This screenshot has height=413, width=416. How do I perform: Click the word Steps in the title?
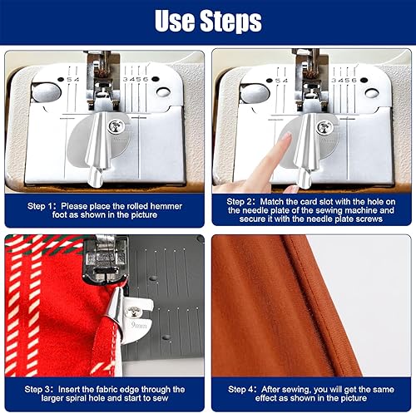coord(230,21)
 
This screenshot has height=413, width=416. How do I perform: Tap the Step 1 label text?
coord(39,206)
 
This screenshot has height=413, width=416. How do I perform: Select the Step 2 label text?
coord(239,201)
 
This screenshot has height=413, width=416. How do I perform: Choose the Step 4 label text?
coord(240,389)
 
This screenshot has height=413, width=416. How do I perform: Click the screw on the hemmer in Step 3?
coord(133,312)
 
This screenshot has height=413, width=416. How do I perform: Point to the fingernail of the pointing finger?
coord(286,136)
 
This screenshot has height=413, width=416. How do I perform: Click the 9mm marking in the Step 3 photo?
coord(139,325)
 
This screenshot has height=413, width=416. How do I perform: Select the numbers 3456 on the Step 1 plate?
coord(136,79)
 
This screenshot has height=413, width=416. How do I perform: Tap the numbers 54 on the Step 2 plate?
coord(281,81)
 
